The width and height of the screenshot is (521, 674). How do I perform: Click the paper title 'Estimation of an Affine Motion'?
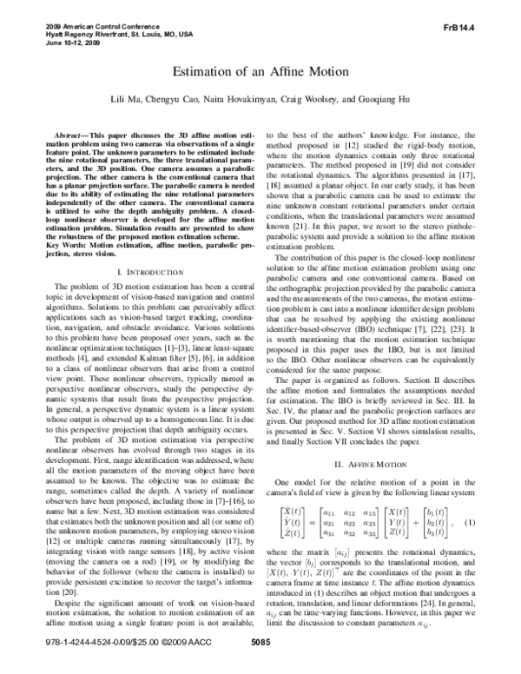pyautogui.click(x=260, y=72)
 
